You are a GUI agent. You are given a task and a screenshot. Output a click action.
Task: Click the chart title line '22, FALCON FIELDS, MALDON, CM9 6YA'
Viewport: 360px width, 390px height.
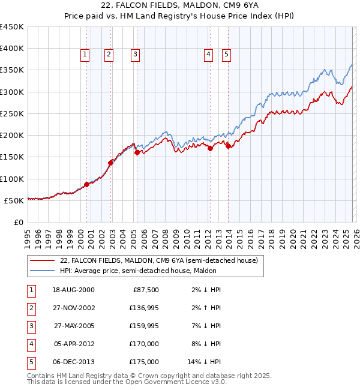click(180, 7)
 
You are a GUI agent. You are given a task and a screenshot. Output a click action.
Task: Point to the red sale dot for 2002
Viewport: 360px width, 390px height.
click(111, 163)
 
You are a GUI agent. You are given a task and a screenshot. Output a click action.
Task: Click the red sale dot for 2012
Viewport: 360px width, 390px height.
click(210, 149)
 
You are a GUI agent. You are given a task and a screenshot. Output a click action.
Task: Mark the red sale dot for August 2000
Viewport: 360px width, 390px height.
click(87, 184)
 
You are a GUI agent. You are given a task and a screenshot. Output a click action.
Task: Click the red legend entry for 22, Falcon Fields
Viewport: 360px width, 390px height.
click(159, 260)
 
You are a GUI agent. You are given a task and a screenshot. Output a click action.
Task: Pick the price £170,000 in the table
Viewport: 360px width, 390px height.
click(144, 344)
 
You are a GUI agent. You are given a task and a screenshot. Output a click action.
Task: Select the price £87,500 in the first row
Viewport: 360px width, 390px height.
click(146, 290)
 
